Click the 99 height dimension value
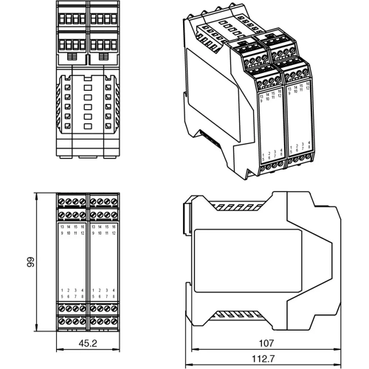[x=30, y=263]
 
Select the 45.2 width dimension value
[x=88, y=343]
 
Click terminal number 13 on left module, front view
[x=62, y=226]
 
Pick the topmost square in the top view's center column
[x=88, y=87]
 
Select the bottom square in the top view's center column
[x=88, y=127]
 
